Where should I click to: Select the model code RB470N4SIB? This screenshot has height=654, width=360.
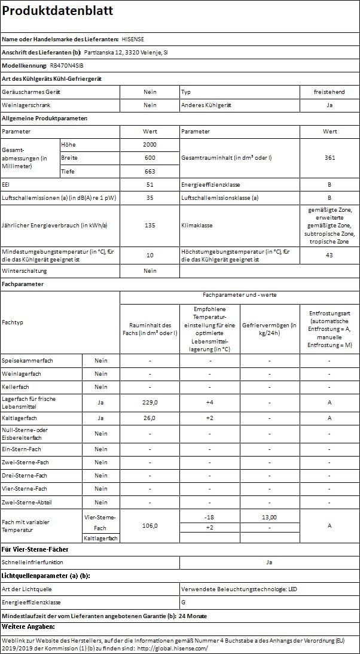point(66,66)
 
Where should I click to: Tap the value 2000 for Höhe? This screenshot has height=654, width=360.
point(150,145)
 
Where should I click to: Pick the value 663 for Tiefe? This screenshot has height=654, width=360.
point(150,172)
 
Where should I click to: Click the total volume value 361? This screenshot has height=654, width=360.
point(330,158)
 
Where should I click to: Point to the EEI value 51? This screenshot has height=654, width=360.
point(150,185)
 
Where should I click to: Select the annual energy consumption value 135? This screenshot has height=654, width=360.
point(150,225)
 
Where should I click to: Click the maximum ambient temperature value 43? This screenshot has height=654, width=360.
point(330,255)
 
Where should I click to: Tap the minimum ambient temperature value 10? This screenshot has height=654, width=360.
point(150,255)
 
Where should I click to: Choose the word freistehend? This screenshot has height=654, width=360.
point(330,92)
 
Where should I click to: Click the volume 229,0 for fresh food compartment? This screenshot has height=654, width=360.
point(150,402)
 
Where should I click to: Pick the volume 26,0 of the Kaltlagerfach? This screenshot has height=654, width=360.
point(150,418)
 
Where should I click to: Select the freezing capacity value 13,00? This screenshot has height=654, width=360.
point(270,517)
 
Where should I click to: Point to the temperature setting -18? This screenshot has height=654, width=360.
point(209,517)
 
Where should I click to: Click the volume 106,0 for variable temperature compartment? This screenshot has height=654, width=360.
point(150,526)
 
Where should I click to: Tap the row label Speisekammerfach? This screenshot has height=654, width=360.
point(28,360)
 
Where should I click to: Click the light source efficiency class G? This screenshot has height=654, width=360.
point(183,602)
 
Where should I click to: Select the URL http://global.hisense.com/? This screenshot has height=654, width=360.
point(172,648)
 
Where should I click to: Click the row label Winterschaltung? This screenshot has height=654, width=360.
point(22,271)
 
